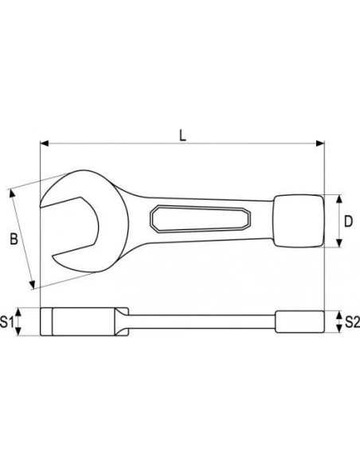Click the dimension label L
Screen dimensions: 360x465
(x=183, y=135)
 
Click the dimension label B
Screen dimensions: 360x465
(x=14, y=239)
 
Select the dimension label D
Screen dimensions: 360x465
(x=348, y=221)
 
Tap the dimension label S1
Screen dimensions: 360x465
(x=7, y=322)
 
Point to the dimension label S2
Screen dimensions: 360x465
(x=353, y=322)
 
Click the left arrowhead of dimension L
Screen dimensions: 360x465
(x=45, y=143)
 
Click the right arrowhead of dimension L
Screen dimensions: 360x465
(x=320, y=143)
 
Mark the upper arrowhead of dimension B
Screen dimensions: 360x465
(x=13, y=193)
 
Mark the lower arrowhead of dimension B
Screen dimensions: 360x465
(x=32, y=284)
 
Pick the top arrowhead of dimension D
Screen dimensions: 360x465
(x=339, y=199)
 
